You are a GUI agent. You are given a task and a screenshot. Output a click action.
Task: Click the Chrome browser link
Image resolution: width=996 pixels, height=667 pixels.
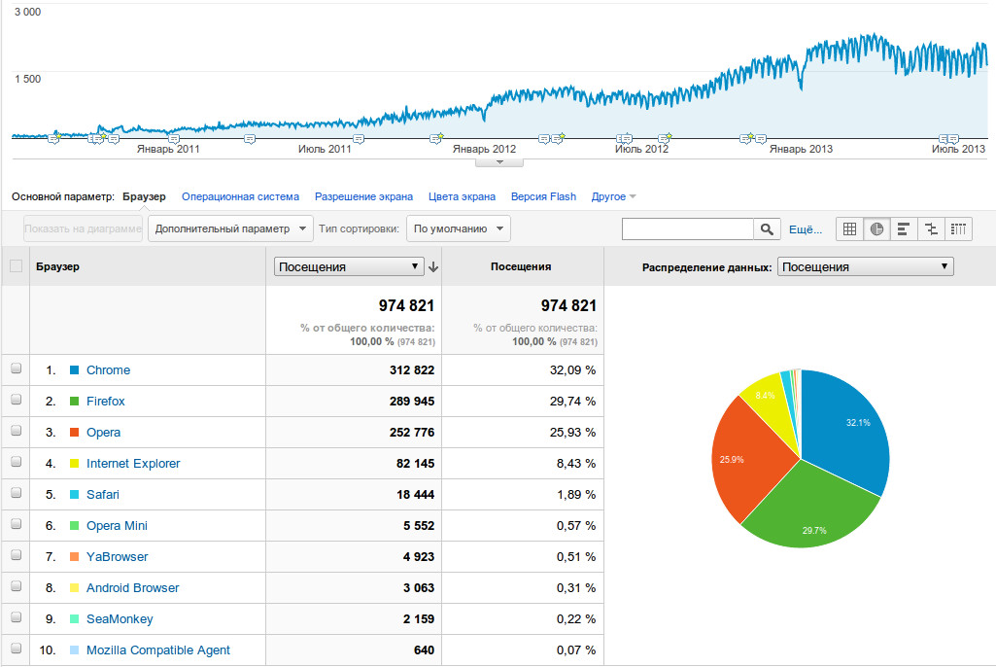[108, 370]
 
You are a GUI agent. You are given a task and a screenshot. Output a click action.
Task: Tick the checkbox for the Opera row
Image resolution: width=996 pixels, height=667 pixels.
[16, 432]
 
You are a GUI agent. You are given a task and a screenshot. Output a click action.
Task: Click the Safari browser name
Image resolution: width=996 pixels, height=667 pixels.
[102, 495]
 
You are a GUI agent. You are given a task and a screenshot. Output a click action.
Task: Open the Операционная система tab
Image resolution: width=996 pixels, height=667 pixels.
[240, 196]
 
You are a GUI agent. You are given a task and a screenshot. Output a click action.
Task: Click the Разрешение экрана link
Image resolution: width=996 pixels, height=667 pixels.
[363, 196]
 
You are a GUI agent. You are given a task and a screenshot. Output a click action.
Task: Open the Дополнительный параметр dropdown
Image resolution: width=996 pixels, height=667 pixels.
[230, 228]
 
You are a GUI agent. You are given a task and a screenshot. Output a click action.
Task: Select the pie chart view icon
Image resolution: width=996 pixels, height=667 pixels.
[876, 228]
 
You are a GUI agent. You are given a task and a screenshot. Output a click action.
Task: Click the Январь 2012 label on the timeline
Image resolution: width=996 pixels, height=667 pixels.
[484, 149]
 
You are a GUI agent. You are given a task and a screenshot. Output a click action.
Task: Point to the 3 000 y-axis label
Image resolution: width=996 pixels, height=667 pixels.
[27, 13]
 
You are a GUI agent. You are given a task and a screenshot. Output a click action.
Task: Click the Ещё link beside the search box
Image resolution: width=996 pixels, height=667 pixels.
[806, 228]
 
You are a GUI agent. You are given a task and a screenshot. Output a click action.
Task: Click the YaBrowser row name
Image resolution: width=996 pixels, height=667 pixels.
[117, 557]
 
